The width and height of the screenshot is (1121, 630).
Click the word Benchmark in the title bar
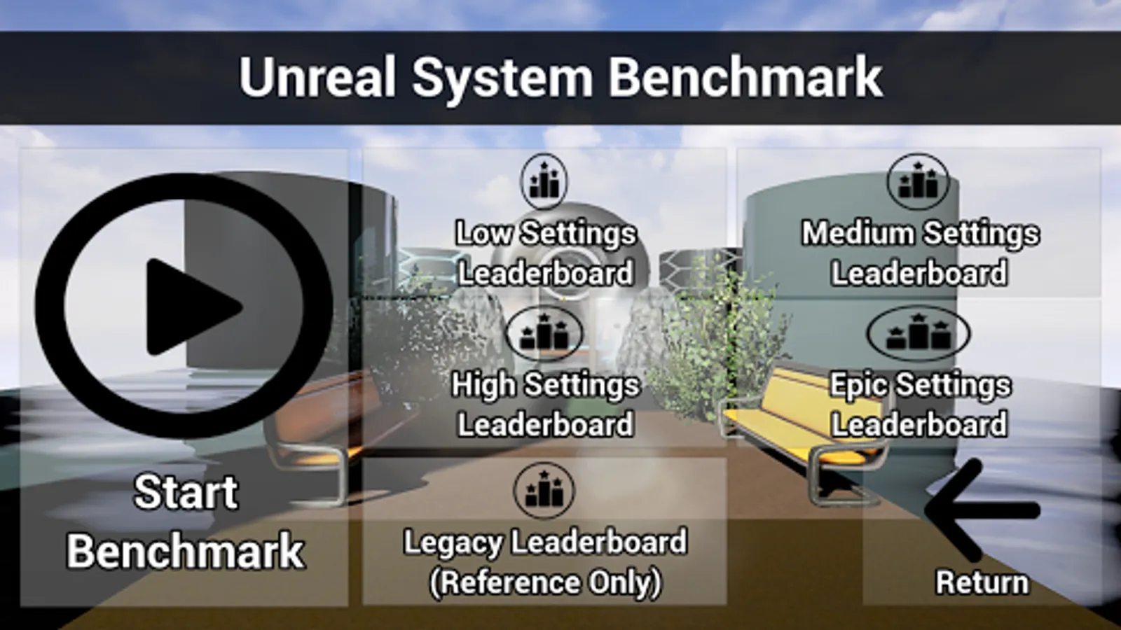click(744, 77)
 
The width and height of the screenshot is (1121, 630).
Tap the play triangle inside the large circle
click(189, 307)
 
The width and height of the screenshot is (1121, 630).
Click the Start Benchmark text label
click(186, 521)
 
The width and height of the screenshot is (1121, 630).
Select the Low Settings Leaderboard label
click(545, 253)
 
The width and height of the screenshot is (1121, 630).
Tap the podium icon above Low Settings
click(544, 181)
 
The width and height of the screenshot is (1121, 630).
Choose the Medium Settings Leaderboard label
click(919, 253)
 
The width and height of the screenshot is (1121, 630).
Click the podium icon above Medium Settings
click(919, 181)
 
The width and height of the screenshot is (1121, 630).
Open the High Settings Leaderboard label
click(545, 405)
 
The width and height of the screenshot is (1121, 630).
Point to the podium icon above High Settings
click(544, 333)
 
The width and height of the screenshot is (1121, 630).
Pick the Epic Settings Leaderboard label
click(919, 405)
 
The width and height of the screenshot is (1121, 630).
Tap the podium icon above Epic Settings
click(919, 333)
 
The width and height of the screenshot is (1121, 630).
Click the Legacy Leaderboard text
click(545, 542)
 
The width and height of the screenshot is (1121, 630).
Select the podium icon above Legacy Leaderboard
click(544, 490)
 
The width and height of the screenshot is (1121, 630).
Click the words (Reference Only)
click(545, 582)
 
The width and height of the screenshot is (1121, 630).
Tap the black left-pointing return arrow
click(981, 509)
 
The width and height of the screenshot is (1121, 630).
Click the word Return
click(982, 582)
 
